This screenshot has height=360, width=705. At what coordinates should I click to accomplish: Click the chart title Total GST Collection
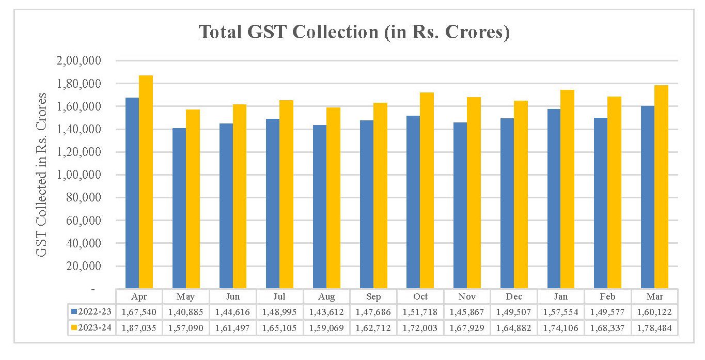click(354, 32)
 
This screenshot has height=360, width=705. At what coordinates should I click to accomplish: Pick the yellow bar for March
click(661, 186)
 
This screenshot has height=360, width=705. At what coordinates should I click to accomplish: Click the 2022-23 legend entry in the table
click(92, 312)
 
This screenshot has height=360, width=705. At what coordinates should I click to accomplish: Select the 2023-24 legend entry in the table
click(92, 328)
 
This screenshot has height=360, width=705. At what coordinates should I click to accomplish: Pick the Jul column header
click(279, 296)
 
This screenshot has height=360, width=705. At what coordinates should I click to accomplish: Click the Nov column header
click(467, 296)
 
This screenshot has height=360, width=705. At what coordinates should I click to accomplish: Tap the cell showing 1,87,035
click(139, 328)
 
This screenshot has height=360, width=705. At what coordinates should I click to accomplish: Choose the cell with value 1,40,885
click(185, 312)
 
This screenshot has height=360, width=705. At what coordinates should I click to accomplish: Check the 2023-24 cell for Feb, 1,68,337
click(607, 328)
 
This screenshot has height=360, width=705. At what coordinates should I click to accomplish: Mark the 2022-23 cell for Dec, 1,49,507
click(514, 312)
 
